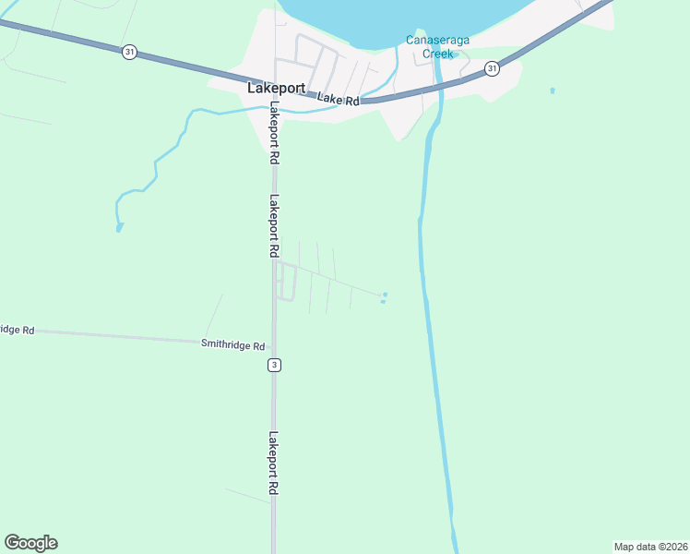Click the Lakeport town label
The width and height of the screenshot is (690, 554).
click(277, 89)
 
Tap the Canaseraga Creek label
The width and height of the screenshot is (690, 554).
click(430, 46)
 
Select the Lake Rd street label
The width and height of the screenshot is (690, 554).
click(339, 99)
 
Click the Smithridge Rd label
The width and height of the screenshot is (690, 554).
click(232, 344)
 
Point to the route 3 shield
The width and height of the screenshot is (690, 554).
click(274, 365)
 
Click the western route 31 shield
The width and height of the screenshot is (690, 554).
click(128, 52)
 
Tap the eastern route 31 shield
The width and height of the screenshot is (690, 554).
click(492, 68)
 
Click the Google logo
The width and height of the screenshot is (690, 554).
click(30, 543)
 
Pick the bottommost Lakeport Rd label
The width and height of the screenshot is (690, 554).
click(274, 464)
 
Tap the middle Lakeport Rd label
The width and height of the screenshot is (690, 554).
click(274, 225)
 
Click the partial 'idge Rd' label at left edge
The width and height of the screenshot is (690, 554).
click(17, 330)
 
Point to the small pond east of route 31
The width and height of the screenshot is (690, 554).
click(553, 90)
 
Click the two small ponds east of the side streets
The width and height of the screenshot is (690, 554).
click(384, 297)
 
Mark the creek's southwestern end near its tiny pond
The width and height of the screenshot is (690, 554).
click(119, 226)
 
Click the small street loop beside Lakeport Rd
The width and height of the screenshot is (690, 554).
click(286, 281)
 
